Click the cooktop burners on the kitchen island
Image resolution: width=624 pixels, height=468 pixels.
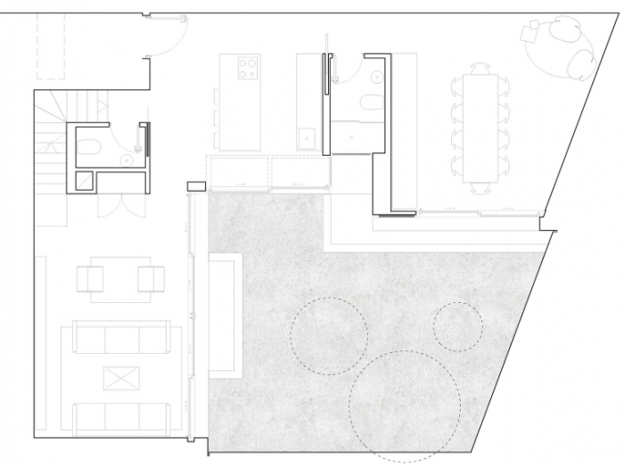point(246,66)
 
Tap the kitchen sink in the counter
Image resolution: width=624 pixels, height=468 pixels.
point(308,136)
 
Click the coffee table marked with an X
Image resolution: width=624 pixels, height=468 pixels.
point(117,378)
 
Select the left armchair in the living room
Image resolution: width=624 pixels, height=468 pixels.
point(92,279)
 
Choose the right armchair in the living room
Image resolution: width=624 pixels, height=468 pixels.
point(151,279)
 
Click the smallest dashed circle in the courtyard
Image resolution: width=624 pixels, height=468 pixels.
point(458,326)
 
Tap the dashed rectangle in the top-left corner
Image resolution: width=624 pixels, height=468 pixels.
point(52,36)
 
